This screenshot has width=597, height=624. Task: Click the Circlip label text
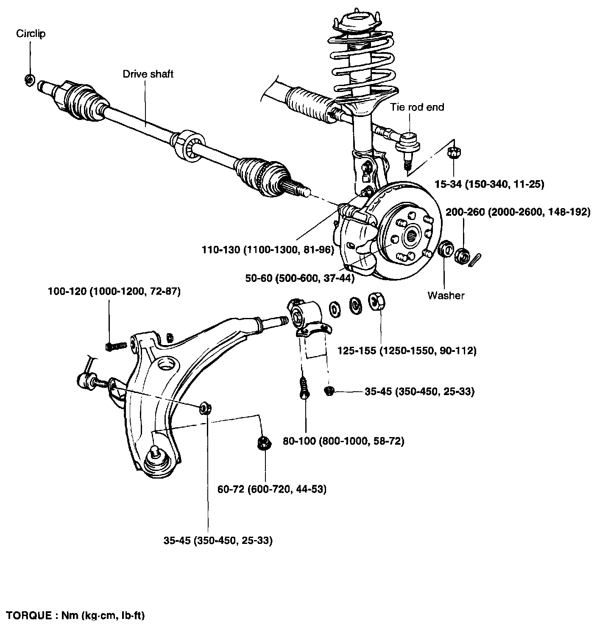(31, 33)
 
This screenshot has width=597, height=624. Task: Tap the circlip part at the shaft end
(30, 79)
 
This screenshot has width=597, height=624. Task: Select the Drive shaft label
(148, 74)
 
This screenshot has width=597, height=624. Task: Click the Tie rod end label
(417, 107)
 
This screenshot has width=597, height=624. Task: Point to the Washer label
(446, 295)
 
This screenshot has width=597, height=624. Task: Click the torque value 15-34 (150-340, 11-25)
(489, 184)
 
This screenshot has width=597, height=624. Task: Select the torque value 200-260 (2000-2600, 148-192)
(518, 212)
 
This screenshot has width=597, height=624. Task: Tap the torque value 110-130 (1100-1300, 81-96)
(268, 250)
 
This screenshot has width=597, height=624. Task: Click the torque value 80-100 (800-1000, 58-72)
(343, 441)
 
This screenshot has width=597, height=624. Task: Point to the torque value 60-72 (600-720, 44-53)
(272, 489)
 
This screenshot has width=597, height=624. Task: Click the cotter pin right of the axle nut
(476, 258)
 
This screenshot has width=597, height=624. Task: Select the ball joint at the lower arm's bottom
(157, 456)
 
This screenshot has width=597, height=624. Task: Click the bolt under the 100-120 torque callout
(115, 346)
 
